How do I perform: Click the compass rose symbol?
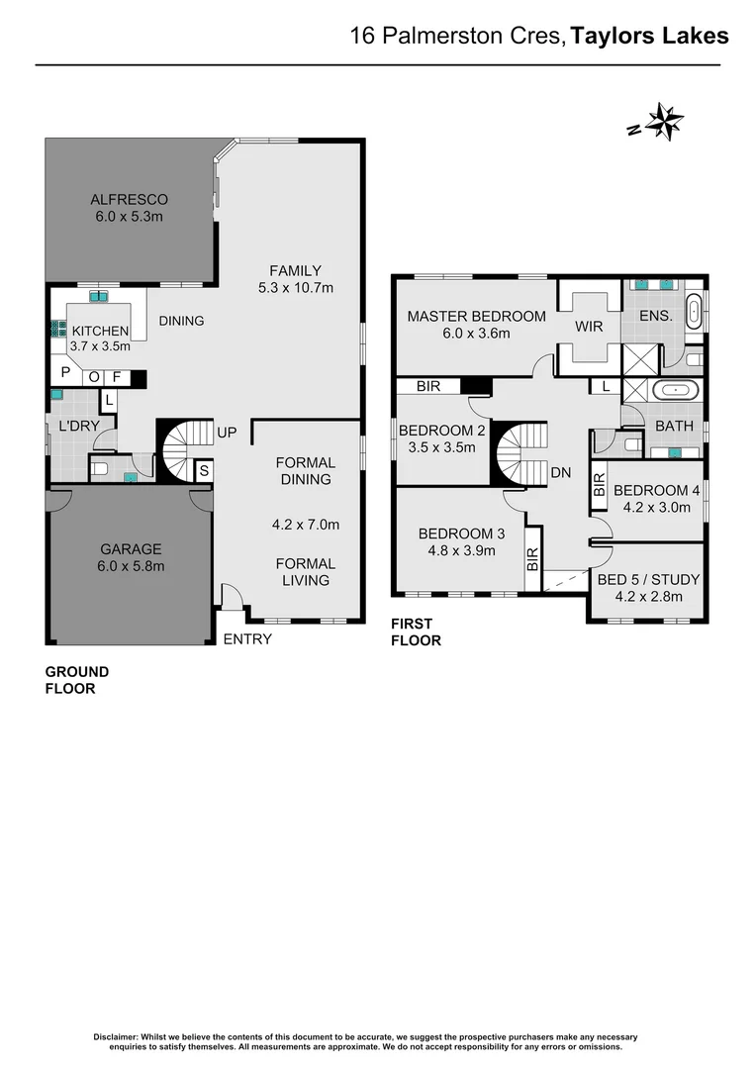coord(664,123)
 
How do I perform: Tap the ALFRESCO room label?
coord(129,199)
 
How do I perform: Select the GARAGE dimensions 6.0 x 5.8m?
coord(130,566)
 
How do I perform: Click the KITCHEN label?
coord(99,331)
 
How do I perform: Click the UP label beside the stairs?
coord(226,434)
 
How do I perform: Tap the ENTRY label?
coord(247,638)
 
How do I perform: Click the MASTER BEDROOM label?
coord(476,317)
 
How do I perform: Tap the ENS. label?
coord(656,317)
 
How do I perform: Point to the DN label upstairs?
coord(561,473)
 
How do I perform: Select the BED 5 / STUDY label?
coord(648,579)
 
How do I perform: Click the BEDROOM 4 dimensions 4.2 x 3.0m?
coord(657,508)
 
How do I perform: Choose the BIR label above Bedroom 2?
coord(428,386)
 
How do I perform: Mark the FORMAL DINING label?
coord(305,470)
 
